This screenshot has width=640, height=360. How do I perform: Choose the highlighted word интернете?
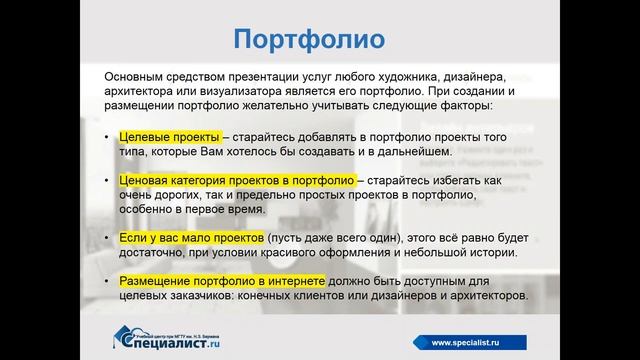tap(309, 283)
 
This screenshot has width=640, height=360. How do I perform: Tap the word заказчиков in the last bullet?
tap(213, 298)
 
